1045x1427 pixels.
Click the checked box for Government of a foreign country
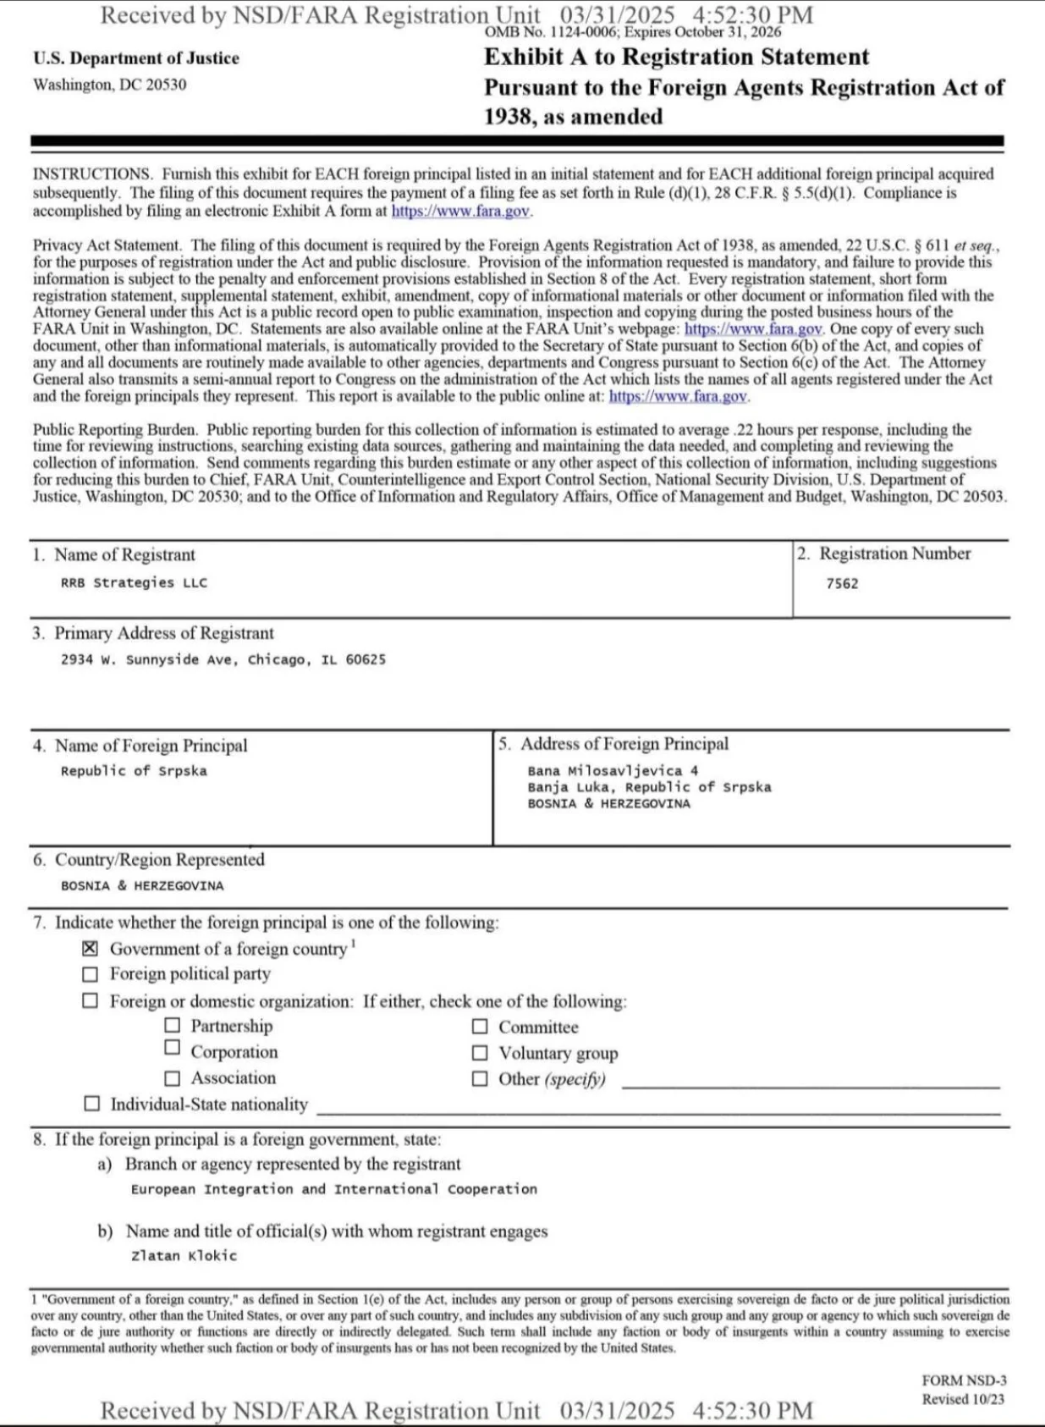pyautogui.click(x=90, y=949)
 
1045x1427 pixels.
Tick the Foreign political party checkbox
pyautogui.click(x=90, y=974)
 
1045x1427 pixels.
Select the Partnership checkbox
pyautogui.click(x=173, y=1026)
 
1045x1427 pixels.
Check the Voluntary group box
pyautogui.click(x=480, y=1053)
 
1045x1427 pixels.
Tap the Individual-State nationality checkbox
pyautogui.click(x=91, y=1104)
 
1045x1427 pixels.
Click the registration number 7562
pyautogui.click(x=842, y=583)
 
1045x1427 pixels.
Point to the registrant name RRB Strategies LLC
pyautogui.click(x=134, y=582)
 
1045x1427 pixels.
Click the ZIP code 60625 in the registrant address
pyautogui.click(x=366, y=659)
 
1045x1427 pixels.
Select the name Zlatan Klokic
pyautogui.click(x=184, y=1255)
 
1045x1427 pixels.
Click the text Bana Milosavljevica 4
pyautogui.click(x=613, y=770)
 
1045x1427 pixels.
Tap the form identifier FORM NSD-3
pyautogui.click(x=964, y=1380)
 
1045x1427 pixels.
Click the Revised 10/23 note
pyautogui.click(x=963, y=1399)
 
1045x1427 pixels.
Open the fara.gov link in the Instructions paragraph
pyautogui.click(x=460, y=211)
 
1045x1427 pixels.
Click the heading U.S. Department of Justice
pyautogui.click(x=136, y=58)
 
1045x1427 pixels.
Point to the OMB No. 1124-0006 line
pyautogui.click(x=633, y=32)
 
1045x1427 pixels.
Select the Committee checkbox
pyautogui.click(x=480, y=1027)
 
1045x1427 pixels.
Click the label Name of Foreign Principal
pyautogui.click(x=151, y=746)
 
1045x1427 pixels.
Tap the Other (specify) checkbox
pyautogui.click(x=480, y=1078)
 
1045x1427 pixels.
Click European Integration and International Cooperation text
pyautogui.click(x=333, y=1189)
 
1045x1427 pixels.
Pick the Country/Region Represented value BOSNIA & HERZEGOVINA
pyautogui.click(x=142, y=885)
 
